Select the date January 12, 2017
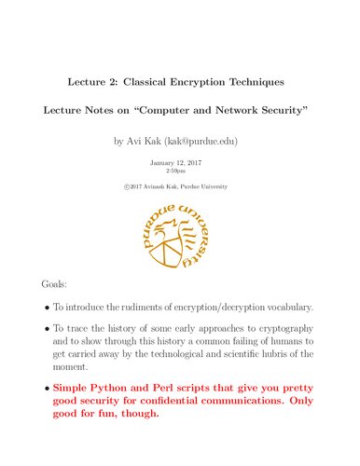tap(179, 162)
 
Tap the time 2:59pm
tap(179, 172)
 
